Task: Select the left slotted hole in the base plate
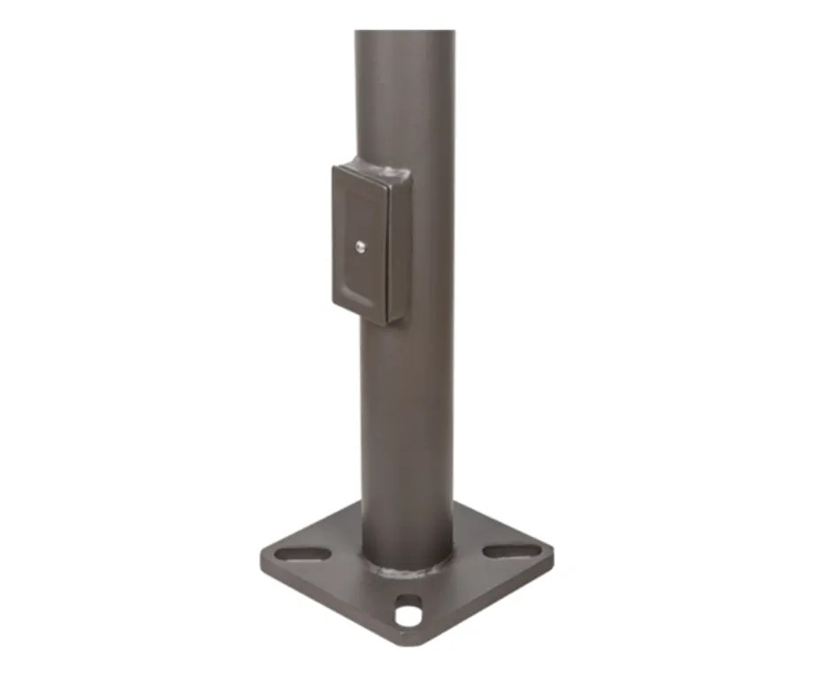click(x=302, y=554)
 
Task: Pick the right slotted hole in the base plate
click(x=512, y=550)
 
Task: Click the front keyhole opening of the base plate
click(x=408, y=612)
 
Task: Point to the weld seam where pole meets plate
click(x=406, y=569)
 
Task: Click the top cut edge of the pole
click(x=405, y=32)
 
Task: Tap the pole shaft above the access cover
click(x=405, y=97)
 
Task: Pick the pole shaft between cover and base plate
click(x=406, y=424)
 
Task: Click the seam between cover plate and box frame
click(x=387, y=247)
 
